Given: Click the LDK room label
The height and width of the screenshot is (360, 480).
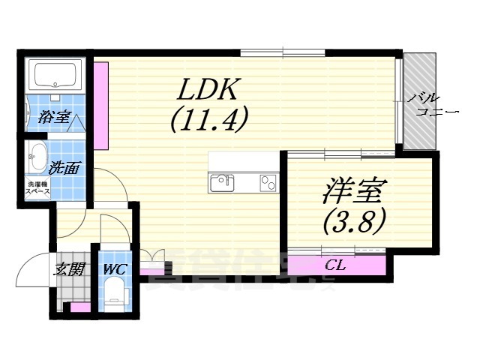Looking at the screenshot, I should point(208,91).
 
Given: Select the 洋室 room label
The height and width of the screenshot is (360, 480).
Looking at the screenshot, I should point(352,192).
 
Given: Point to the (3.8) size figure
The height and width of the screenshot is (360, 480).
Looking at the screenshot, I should point(354,220).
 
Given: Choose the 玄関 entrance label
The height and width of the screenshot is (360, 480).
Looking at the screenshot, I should point(69,269).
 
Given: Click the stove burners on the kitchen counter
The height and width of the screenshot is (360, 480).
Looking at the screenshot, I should point(268,181).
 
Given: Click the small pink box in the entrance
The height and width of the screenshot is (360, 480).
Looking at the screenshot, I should point(79,307).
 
